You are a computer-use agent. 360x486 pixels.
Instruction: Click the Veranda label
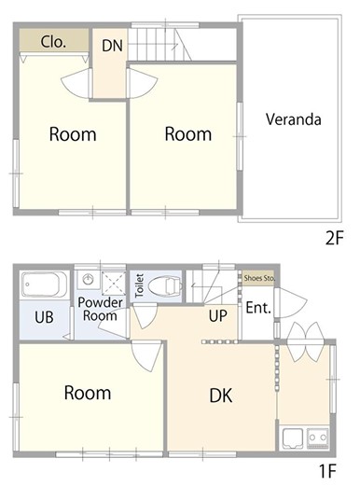click(x=293, y=119)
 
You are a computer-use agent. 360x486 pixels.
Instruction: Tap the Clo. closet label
click(x=53, y=42)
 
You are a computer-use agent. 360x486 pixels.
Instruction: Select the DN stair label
click(x=112, y=46)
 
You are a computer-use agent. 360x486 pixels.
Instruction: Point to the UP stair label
click(x=217, y=315)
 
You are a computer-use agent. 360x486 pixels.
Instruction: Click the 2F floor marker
click(x=334, y=239)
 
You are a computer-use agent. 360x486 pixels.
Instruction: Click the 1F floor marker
click(x=327, y=471)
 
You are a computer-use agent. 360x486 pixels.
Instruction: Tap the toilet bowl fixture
click(x=165, y=285)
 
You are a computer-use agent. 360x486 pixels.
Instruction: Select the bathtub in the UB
click(x=44, y=284)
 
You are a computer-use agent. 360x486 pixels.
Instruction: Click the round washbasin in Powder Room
click(x=89, y=278)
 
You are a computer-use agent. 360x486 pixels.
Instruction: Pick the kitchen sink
click(x=293, y=438)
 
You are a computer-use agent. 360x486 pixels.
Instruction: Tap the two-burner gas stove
click(x=318, y=438)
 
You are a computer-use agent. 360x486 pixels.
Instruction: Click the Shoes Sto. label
click(x=259, y=278)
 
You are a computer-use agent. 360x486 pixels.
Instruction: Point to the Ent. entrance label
click(x=258, y=308)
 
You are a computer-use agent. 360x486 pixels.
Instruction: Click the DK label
click(x=221, y=396)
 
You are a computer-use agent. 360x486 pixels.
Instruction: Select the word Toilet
click(x=140, y=285)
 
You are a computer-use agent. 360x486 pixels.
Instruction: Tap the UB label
click(x=44, y=317)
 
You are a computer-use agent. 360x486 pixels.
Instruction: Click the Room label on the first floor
click(x=88, y=393)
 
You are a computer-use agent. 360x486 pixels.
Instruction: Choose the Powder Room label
click(x=100, y=309)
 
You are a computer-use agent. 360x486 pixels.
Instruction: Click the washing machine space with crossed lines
click(x=114, y=283)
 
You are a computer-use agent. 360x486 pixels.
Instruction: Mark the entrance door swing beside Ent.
click(x=291, y=303)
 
